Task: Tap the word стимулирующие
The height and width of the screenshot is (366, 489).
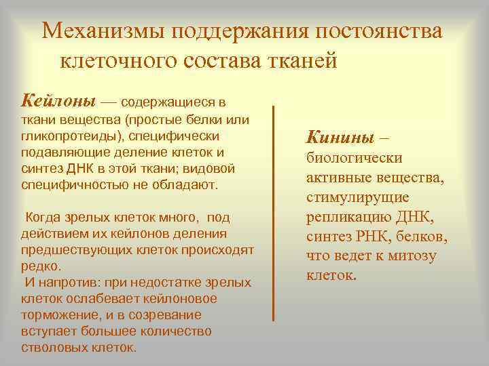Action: click(x=357, y=198)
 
